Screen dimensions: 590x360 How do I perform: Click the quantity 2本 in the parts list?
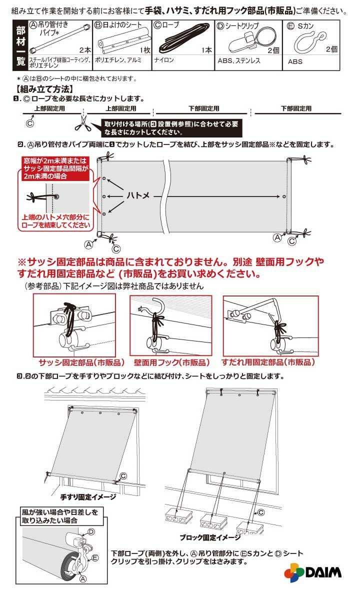coord(84,49)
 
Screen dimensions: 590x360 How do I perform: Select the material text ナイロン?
coord(165,60)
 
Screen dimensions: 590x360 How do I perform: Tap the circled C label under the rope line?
coord(29,122)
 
